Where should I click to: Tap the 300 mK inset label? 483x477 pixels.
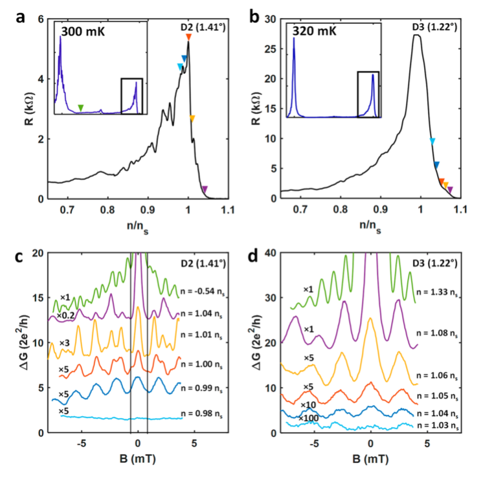point(82,30)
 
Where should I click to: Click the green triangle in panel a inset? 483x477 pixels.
point(80,107)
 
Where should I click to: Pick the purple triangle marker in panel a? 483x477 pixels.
point(205,189)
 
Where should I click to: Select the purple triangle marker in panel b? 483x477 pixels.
point(450,190)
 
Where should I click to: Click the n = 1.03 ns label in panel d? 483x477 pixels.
point(440,425)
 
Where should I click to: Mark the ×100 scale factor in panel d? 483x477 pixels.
point(310,418)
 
